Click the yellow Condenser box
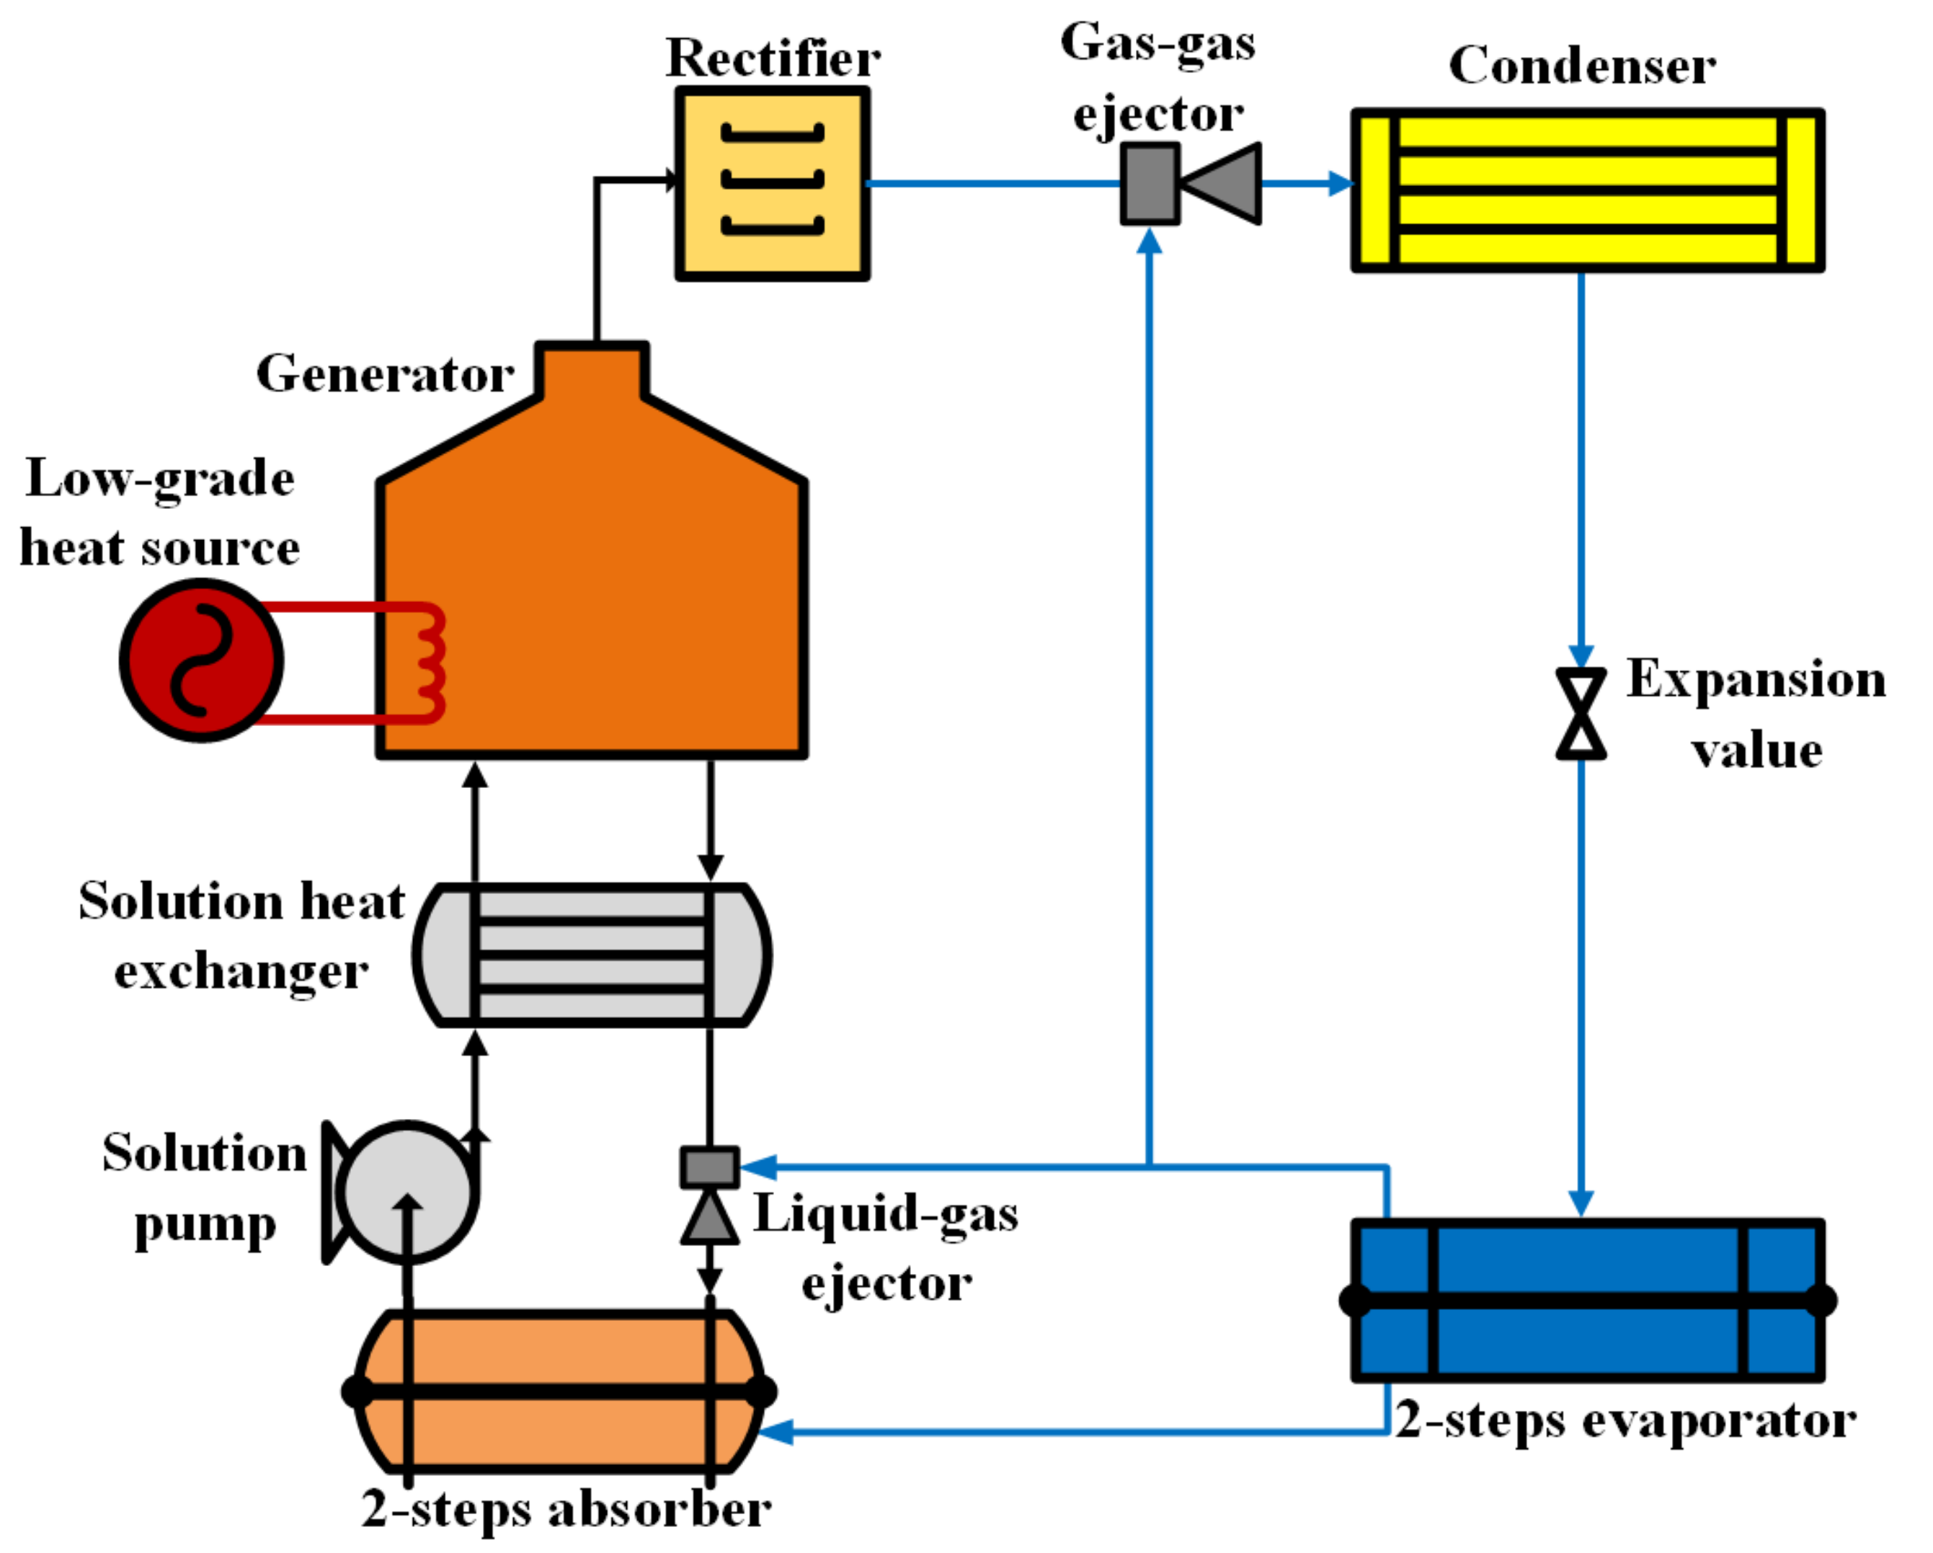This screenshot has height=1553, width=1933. [1588, 190]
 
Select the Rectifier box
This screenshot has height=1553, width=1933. [772, 184]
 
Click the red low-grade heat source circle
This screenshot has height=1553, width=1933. [202, 660]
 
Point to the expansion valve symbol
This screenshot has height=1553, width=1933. [1581, 714]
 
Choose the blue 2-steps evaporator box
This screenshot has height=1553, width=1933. [1588, 1300]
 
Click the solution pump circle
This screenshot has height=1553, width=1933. [409, 1192]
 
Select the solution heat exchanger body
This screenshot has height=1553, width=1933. [592, 955]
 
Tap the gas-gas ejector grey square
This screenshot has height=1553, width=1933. [1150, 184]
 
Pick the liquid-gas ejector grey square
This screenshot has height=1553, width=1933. [710, 1167]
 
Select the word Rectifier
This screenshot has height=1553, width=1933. [773, 58]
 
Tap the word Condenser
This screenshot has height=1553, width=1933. [1583, 66]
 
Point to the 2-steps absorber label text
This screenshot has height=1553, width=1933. [566, 1509]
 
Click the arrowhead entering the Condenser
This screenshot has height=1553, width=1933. [1341, 184]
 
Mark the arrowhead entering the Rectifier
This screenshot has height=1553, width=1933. [670, 180]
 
